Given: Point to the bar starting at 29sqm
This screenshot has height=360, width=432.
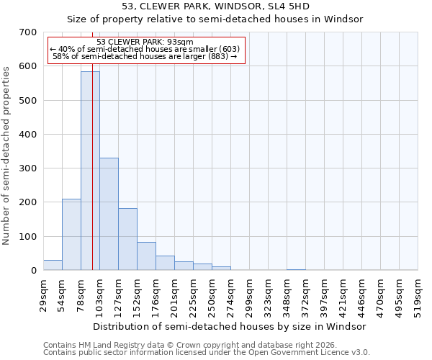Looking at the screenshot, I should [x=53, y=265].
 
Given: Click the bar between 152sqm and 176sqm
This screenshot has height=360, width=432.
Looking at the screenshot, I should [x=146, y=256].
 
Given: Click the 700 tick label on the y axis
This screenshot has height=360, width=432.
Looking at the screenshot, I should [x=28, y=32].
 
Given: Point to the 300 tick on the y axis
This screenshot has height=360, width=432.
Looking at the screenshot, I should [x=28, y=168].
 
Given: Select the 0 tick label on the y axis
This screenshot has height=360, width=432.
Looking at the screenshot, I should [x=33, y=271].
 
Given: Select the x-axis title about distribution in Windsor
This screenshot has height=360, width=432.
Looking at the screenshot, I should [x=230, y=326].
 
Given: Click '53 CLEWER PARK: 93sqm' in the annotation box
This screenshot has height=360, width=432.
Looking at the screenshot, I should [x=145, y=42].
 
